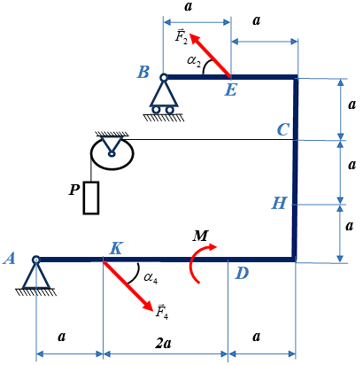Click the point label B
tap(143, 72)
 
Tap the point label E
tap(230, 89)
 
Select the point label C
tap(283, 129)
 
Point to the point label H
tap(279, 203)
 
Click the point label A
tap(10, 259)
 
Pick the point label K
tap(116, 249)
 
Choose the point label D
tap(242, 274)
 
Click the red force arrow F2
tap(210, 56)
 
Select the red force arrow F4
tap(128, 286)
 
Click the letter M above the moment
tap(201, 236)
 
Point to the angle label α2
tap(193, 62)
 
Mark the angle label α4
tap(151, 278)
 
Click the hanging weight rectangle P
tap(91, 198)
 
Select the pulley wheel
tap(112, 153)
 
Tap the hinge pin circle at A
tap(35, 260)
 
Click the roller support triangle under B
tap(164, 94)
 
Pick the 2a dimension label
tap(163, 343)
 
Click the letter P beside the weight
tap(74, 190)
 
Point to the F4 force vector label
tap(162, 311)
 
